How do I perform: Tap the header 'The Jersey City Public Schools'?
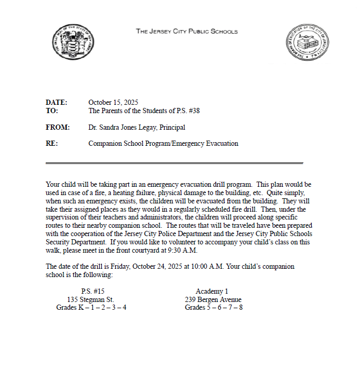click(187, 31)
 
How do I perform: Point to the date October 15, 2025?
click(113, 102)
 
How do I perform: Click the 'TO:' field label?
click(52, 111)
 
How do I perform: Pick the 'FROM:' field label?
click(58, 127)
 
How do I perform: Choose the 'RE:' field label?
click(52, 144)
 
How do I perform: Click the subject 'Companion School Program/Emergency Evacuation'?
click(163, 144)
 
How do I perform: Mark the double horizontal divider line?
click(174, 163)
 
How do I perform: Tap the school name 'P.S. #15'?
click(92, 292)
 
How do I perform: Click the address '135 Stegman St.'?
click(91, 299)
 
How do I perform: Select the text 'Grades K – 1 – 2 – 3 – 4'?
click(91, 308)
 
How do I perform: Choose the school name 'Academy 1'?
click(211, 292)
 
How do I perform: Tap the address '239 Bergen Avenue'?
click(213, 299)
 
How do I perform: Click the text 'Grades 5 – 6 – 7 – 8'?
click(214, 308)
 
